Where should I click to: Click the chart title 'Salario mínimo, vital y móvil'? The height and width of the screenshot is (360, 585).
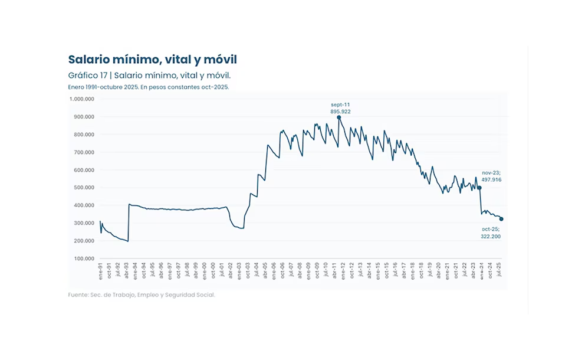152,60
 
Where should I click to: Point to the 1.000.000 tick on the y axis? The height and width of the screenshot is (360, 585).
82,99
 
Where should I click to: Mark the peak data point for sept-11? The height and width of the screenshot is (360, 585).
339,117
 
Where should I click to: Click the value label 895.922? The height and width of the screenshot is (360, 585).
340,111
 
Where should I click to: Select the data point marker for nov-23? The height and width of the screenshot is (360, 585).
479,188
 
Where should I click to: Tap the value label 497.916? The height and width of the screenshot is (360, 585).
491,179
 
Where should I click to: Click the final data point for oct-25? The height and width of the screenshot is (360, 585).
501,219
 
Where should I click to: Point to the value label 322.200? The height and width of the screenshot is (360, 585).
491,236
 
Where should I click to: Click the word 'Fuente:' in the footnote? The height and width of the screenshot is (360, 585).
78,294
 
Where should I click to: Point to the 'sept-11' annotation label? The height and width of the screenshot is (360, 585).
340,104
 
